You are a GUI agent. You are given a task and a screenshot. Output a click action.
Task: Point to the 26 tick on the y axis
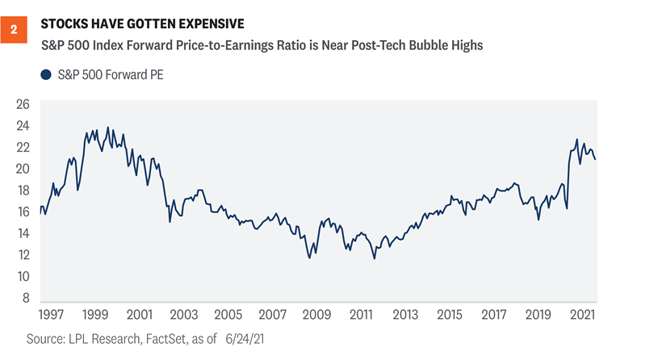click(23, 104)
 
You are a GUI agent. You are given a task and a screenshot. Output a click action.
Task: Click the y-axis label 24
click(23, 126)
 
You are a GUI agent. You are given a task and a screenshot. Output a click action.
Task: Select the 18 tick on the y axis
click(23, 190)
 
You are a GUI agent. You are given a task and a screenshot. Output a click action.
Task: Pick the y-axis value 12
click(23, 255)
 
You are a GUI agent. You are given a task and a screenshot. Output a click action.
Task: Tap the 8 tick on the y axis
click(26, 298)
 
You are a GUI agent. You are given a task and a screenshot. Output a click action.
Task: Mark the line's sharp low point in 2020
click(567, 209)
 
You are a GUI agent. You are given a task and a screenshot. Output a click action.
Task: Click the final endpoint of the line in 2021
click(596, 159)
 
